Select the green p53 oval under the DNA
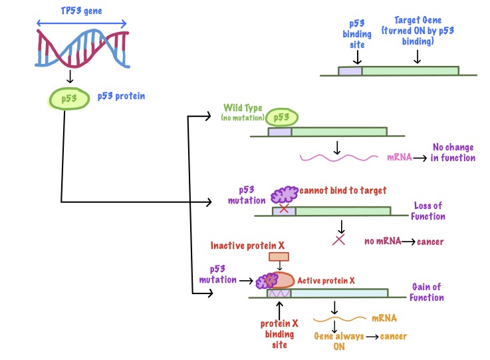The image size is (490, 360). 68,98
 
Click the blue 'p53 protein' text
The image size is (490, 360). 121,96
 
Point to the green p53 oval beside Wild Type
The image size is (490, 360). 282,118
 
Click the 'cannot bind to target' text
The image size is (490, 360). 343,190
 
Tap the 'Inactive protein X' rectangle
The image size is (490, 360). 279,256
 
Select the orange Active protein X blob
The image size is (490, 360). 282,280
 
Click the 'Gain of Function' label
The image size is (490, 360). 426,292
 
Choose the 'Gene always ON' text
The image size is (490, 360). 338,341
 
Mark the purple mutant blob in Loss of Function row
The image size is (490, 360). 285,194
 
